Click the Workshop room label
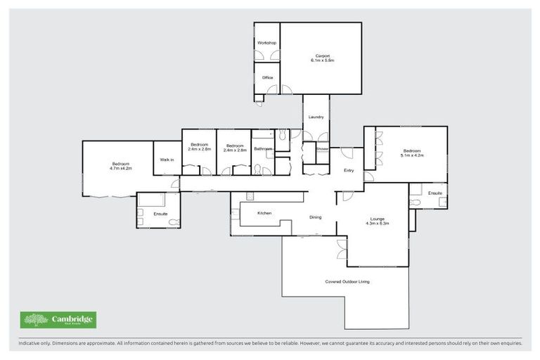266,43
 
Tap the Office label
267,77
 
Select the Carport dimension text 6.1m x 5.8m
322,61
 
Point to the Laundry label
315,117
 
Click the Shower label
322,149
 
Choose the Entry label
349,170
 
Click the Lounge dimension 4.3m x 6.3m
377,223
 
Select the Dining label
315,217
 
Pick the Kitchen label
264,213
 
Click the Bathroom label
263,149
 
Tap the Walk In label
167,160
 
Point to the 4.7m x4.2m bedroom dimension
120,169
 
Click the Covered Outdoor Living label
347,281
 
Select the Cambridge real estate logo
58,320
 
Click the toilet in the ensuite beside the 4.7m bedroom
141,221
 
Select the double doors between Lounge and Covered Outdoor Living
342,248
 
